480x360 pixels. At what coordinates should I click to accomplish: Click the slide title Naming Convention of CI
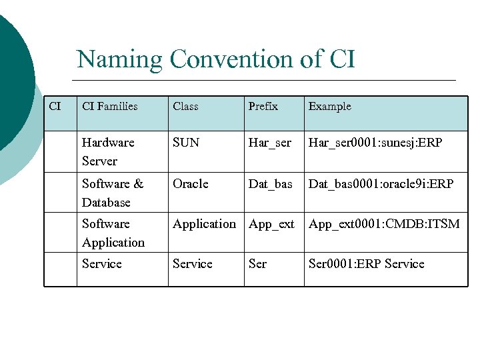pyautogui.click(x=216, y=59)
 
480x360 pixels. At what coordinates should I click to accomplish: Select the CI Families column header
pyautogui.click(x=110, y=107)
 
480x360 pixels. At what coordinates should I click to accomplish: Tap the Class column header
pyautogui.click(x=185, y=107)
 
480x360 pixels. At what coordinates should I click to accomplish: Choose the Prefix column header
pyautogui.click(x=263, y=107)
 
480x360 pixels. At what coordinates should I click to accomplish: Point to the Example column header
pyautogui.click(x=329, y=107)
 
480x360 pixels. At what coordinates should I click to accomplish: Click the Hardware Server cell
pyautogui.click(x=108, y=151)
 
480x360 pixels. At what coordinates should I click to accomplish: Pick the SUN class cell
pyautogui.click(x=186, y=143)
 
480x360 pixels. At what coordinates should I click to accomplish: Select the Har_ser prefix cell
pyautogui.click(x=270, y=143)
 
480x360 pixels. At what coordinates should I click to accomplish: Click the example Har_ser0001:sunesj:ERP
pyautogui.click(x=375, y=143)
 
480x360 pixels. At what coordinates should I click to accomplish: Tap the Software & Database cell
pyautogui.click(x=112, y=193)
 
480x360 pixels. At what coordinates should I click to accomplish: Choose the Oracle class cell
pyautogui.click(x=191, y=184)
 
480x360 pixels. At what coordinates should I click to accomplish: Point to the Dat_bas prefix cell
pyautogui.click(x=271, y=184)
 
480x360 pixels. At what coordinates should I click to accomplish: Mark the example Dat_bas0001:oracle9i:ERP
pyautogui.click(x=381, y=184)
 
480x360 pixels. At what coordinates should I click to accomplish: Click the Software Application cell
pyautogui.click(x=113, y=233)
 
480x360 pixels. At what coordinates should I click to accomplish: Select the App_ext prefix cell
pyautogui.click(x=271, y=225)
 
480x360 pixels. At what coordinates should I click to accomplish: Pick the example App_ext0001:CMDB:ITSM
pyautogui.click(x=384, y=225)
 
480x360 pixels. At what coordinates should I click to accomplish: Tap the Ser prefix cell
pyautogui.click(x=257, y=264)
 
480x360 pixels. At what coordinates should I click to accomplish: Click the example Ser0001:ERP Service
pyautogui.click(x=366, y=264)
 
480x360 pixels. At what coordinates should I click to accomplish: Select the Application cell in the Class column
pyautogui.click(x=204, y=224)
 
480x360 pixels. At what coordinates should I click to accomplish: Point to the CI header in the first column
pyautogui.click(x=55, y=107)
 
